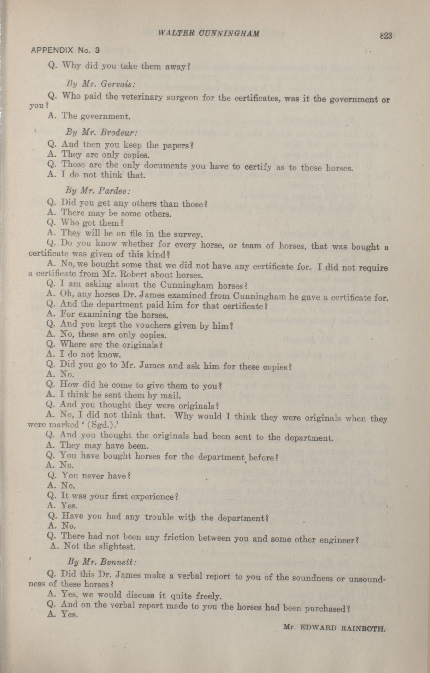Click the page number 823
point(386,36)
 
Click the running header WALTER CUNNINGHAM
point(208,33)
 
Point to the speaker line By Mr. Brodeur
point(101,132)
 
